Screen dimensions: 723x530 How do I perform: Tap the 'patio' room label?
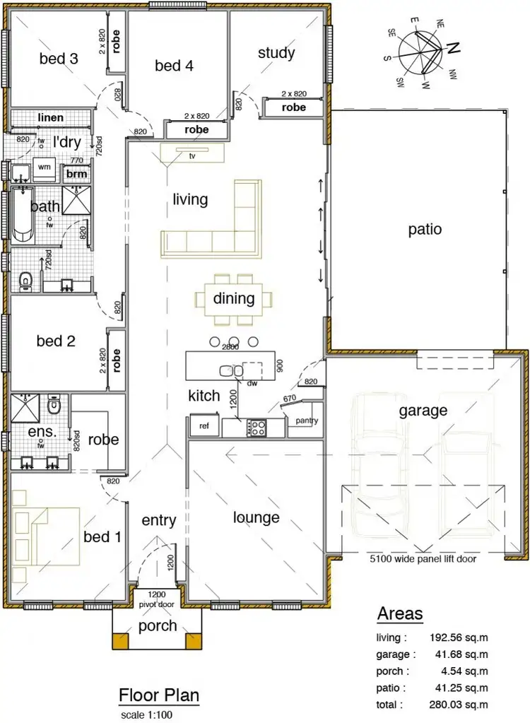pyautogui.click(x=425, y=229)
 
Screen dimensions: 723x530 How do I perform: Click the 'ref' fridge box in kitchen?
pyautogui.click(x=204, y=426)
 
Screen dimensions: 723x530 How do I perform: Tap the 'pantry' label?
pyautogui.click(x=307, y=421)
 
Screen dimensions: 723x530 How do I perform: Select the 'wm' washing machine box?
pyautogui.click(x=45, y=167)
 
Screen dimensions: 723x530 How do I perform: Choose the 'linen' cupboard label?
pyautogui.click(x=50, y=117)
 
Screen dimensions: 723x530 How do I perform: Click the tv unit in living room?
pyautogui.click(x=192, y=153)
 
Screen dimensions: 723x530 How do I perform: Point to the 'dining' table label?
pyautogui.click(x=234, y=298)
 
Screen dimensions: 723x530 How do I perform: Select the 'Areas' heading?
pyautogui.click(x=400, y=613)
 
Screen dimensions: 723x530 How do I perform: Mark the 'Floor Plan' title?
pyautogui.click(x=159, y=695)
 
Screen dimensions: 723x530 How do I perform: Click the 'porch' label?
pyautogui.click(x=157, y=626)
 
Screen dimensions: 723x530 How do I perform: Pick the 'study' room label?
pyautogui.click(x=276, y=52)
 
